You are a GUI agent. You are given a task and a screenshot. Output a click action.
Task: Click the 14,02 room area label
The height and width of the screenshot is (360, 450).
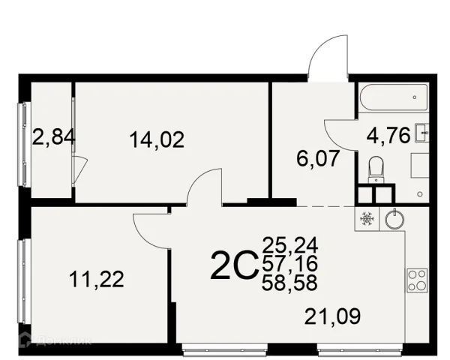click(157, 140)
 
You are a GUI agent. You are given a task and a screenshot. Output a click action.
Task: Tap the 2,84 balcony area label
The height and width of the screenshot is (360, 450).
click(54, 137)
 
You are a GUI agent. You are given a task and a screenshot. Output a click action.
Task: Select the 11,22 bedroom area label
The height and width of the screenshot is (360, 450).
click(97, 279)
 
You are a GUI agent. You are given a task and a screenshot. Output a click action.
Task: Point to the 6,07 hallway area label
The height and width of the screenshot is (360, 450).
click(318, 158)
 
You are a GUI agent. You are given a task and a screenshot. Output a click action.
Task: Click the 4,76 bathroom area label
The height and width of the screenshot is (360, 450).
click(388, 136)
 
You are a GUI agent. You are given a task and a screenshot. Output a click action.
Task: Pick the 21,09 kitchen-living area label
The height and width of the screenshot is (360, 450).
click(332, 316)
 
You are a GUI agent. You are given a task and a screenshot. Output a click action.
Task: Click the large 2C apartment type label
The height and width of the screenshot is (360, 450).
click(233, 265)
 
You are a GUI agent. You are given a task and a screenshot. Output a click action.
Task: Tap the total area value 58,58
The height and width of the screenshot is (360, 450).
click(289, 283)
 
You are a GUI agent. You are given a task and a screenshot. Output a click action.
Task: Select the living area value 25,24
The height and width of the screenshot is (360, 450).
click(289, 244)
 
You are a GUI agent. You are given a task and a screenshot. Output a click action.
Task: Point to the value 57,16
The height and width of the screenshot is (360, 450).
click(289, 263)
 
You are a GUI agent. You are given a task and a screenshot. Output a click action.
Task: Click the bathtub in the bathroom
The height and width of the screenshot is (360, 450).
click(394, 97)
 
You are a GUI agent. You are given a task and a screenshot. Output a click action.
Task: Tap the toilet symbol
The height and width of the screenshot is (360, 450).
click(376, 169)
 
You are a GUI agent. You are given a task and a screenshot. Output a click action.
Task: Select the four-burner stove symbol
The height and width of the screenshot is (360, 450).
click(417, 280)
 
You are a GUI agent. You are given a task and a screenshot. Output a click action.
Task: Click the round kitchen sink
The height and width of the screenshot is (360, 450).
click(394, 219)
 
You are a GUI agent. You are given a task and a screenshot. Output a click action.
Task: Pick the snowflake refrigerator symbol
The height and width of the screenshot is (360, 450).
click(366, 219)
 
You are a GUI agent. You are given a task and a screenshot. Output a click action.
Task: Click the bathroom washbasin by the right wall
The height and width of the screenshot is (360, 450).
click(421, 133)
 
